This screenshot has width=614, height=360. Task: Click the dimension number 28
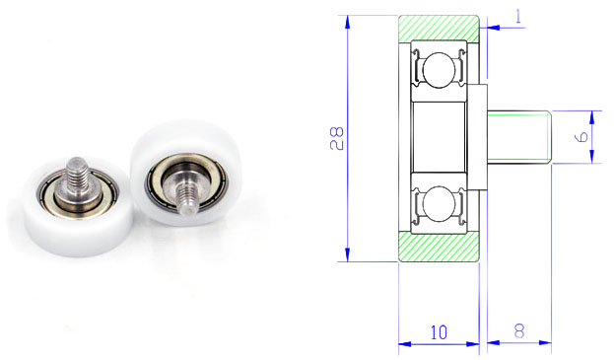pos(336,139)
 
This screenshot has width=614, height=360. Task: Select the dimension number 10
pos(439,332)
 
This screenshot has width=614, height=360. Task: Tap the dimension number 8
pos(519,331)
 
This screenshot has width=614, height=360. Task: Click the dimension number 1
pos(518,17)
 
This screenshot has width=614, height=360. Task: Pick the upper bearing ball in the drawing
pos(439,70)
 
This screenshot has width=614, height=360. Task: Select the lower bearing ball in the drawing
pos(439,204)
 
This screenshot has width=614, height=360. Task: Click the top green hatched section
pos(439,28)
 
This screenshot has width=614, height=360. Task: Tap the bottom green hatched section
pos(439,247)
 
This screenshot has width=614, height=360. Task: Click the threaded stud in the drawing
pos(519,137)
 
